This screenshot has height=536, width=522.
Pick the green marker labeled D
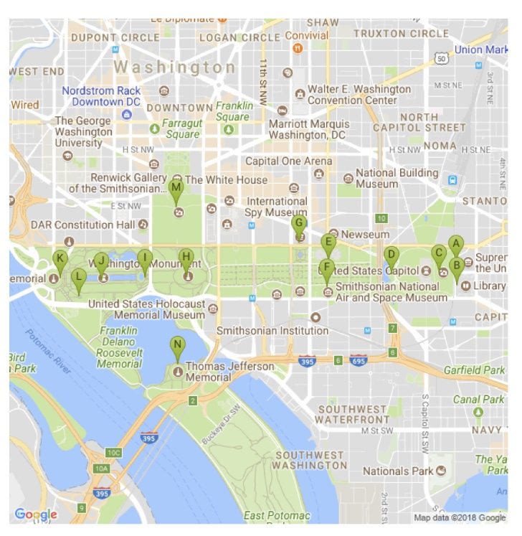(x=391, y=255)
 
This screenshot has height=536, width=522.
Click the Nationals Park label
(x=398, y=471)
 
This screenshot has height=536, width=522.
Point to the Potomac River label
(x=49, y=352)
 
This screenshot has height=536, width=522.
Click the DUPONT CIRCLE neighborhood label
(x=115, y=37)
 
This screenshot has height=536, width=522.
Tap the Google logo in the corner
(x=35, y=514)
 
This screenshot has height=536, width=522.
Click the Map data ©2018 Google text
(x=460, y=518)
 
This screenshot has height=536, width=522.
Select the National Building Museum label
(x=397, y=179)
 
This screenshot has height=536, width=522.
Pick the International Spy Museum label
(x=277, y=207)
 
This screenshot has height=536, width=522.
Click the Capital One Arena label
(x=289, y=161)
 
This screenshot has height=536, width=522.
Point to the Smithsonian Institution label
(x=272, y=331)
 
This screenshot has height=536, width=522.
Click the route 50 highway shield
(x=442, y=57)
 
